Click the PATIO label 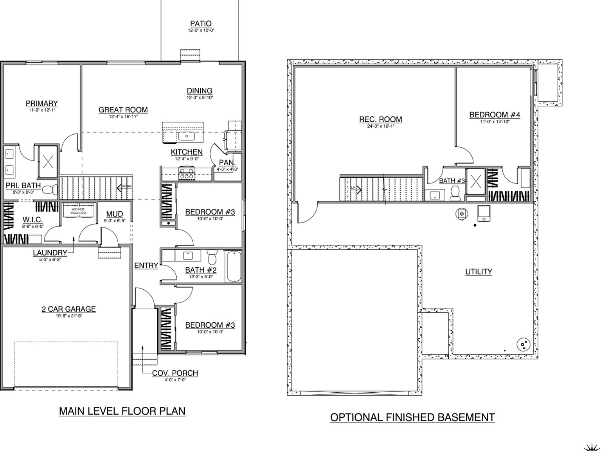(201, 23)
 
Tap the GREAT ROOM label (123, 110)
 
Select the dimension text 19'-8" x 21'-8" (68, 316)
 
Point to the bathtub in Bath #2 (234, 266)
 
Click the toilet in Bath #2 (212, 257)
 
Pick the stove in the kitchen (187, 172)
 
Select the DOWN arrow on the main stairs (125, 187)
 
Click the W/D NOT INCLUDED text (78, 211)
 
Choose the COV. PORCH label (175, 373)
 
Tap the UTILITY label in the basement (479, 272)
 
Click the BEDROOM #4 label (495, 115)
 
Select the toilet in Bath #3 (455, 193)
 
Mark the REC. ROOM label (380, 119)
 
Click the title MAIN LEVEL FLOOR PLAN (122, 411)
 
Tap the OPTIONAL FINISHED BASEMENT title (412, 417)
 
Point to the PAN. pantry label (227, 162)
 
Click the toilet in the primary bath (48, 190)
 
